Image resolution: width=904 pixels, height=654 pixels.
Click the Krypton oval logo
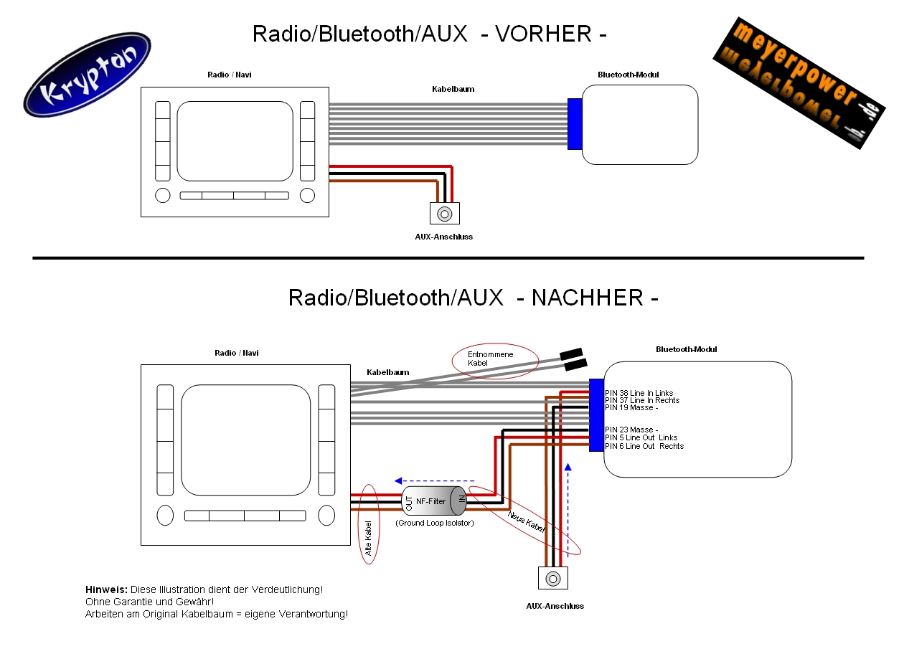[87, 75]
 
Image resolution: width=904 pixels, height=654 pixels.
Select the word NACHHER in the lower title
[588, 298]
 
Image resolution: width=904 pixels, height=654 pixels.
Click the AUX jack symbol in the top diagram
[445, 214]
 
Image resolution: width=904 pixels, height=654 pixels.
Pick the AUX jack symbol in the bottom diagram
[552, 578]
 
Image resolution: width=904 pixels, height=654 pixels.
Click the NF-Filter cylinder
[433, 501]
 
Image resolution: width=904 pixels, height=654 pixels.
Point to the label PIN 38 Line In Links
[639, 393]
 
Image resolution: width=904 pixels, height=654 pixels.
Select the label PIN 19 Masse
[631, 407]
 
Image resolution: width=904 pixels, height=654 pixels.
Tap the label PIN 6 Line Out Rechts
[644, 446]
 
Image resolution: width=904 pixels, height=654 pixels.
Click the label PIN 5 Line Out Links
[641, 437]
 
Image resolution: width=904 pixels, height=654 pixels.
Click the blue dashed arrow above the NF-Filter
[434, 480]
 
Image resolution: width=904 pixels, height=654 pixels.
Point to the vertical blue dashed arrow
[568, 509]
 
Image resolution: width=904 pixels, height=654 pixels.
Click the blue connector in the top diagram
[575, 124]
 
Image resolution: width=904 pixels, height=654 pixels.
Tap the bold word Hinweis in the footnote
[106, 589]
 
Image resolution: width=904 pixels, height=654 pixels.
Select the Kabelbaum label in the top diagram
[453, 90]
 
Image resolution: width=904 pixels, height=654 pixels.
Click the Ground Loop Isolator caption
[435, 523]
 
